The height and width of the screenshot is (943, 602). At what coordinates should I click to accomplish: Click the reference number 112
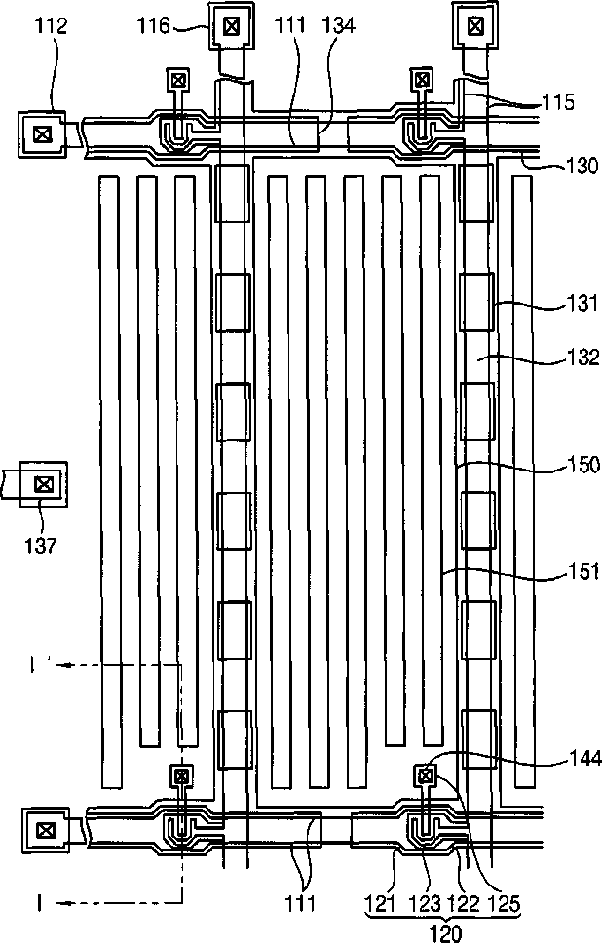click(50, 26)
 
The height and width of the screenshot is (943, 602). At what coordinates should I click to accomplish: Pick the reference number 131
click(558, 305)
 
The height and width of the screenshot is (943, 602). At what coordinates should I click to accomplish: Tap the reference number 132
click(558, 357)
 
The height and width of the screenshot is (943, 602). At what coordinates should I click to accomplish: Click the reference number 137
click(42, 543)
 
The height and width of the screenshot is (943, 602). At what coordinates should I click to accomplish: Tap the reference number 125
click(505, 905)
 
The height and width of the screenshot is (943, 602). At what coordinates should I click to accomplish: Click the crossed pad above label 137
click(42, 483)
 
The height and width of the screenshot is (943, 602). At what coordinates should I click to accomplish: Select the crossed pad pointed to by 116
click(231, 26)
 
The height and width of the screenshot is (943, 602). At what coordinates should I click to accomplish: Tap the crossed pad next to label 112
click(42, 134)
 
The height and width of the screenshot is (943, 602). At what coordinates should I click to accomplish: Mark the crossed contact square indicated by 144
click(425, 775)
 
